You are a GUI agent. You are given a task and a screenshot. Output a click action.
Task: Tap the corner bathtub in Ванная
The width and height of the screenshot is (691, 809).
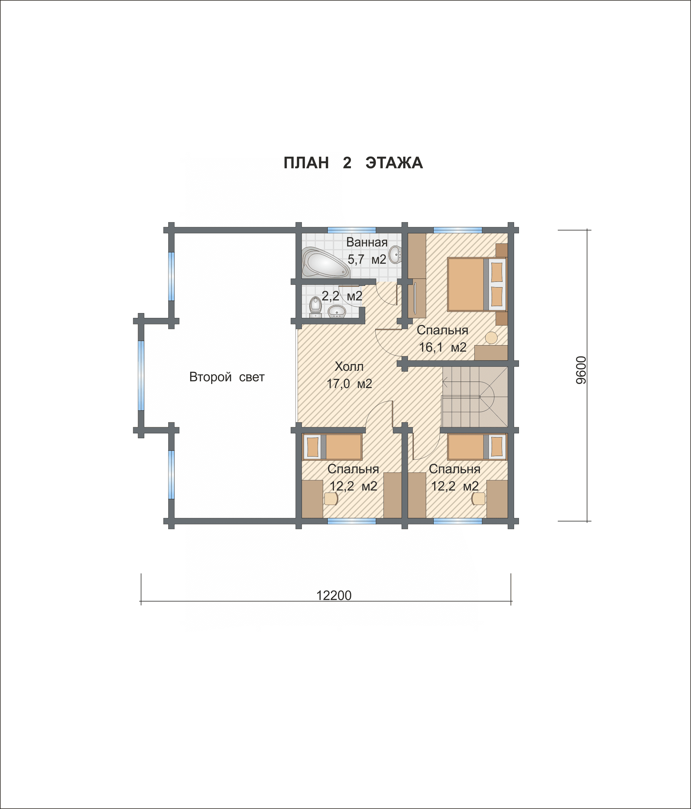click(325, 262)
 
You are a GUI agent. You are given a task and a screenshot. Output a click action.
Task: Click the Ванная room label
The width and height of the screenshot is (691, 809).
click(367, 242)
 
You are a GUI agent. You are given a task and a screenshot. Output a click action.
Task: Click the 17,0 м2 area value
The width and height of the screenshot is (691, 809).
click(349, 383)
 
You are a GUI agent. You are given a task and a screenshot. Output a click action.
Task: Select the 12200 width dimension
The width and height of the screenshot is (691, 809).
click(334, 595)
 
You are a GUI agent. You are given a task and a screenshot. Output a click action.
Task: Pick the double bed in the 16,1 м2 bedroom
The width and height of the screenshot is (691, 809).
click(477, 284)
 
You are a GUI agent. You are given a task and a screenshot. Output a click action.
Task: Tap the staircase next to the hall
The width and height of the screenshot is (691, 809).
click(475, 397)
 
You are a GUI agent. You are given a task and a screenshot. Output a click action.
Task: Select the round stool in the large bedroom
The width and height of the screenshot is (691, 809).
click(491, 337)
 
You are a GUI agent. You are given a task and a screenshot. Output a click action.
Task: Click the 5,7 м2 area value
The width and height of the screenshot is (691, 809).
click(367, 259)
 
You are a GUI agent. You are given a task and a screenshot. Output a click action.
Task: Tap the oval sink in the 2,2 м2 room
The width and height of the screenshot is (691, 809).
click(337, 311)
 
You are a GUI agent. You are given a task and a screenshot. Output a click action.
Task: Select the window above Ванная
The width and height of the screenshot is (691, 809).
click(351, 230)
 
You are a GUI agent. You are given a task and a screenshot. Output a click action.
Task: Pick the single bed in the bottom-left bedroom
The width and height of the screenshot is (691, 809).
click(332, 447)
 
